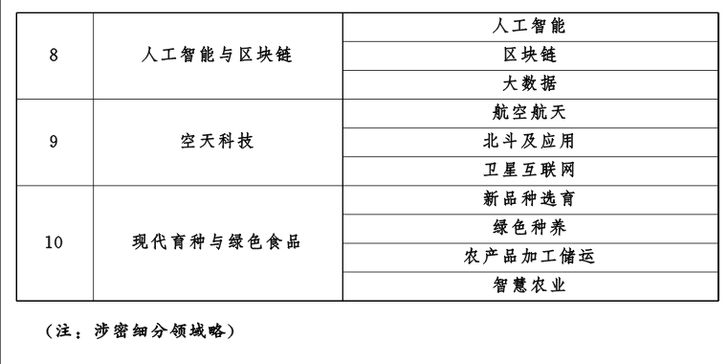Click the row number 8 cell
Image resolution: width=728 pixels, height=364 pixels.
coord(54,55)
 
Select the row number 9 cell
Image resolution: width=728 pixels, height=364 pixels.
coord(54,141)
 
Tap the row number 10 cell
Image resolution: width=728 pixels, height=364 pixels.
coord(54,242)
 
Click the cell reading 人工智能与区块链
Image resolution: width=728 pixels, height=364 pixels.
coord(216,55)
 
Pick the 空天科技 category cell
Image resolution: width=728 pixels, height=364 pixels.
coord(216,141)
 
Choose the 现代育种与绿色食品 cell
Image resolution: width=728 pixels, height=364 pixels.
coord(216,242)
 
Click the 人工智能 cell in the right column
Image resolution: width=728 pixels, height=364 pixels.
coord(529,26)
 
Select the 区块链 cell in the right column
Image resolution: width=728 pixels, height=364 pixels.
coord(529,55)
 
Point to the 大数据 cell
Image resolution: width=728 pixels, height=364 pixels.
coord(529,83)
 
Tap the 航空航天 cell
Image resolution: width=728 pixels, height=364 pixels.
coord(529,112)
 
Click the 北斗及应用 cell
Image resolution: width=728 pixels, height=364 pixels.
coord(529,141)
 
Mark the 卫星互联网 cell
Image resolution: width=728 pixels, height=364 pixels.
coord(529,171)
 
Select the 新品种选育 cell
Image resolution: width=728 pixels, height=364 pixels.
coord(529,199)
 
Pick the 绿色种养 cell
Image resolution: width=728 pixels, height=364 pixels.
coord(529,228)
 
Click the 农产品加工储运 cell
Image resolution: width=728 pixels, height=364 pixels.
coord(529,257)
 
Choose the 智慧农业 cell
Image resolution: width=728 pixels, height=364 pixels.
coord(529,285)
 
